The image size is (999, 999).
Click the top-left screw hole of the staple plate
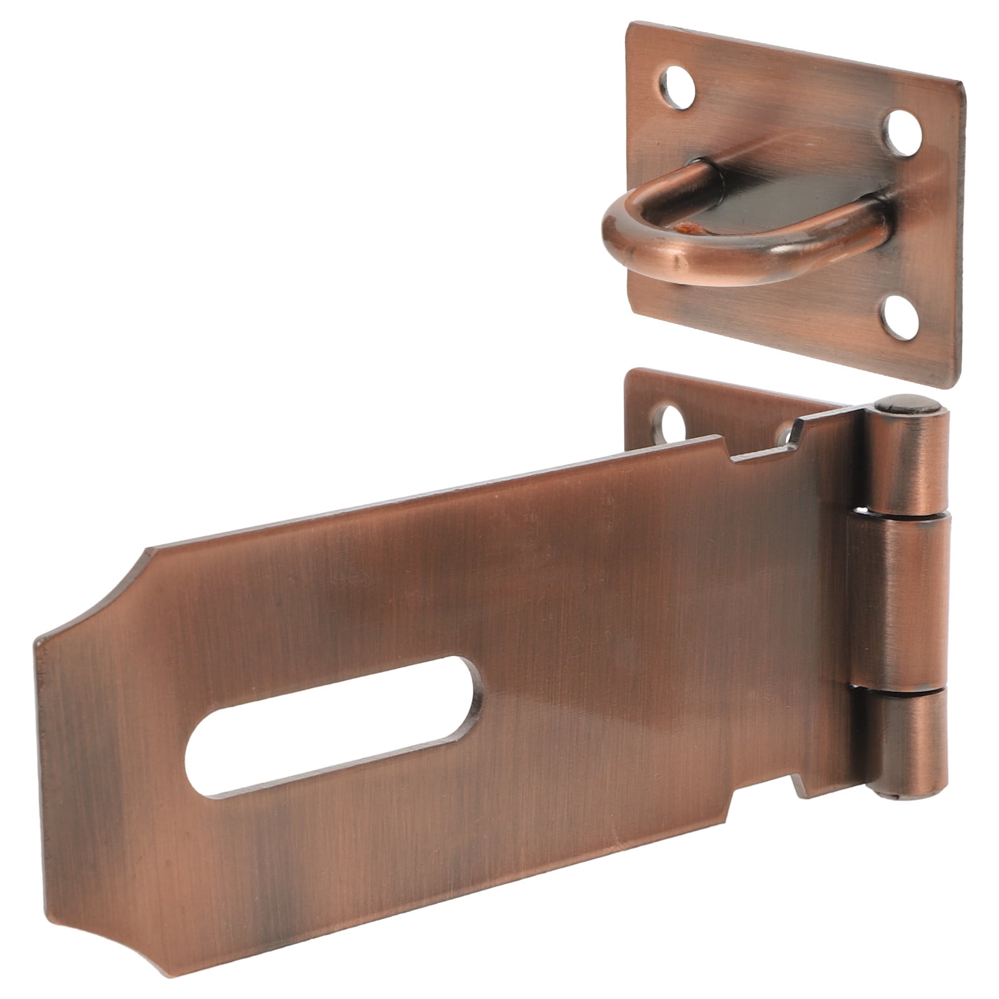tap(677, 87)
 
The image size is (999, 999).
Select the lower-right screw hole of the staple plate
tap(901, 317)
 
